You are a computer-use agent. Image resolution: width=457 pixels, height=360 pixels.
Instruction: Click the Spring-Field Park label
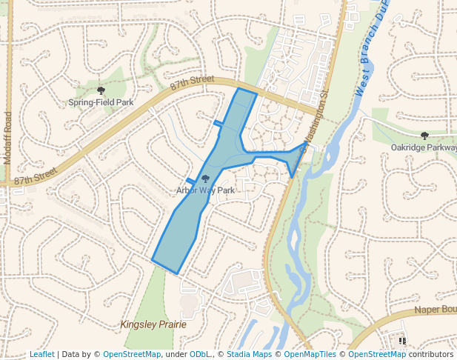pyautogui.click(x=101, y=102)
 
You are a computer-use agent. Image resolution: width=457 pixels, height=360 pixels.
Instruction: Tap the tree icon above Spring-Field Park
pyautogui.click(x=101, y=90)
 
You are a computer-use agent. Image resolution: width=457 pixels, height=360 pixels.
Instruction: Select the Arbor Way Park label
pyautogui.click(x=205, y=190)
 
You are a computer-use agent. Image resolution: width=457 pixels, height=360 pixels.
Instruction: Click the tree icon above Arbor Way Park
pyautogui.click(x=205, y=179)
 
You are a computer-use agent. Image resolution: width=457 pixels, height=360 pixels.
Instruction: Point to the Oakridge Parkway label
pyautogui.click(x=424, y=147)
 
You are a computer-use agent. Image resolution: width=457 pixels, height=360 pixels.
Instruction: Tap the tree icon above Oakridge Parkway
pyautogui.click(x=424, y=136)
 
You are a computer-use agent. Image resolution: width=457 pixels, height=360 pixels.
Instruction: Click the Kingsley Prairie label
pyautogui.click(x=153, y=324)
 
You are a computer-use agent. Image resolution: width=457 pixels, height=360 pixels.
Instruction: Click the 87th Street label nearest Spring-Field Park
pyautogui.click(x=191, y=83)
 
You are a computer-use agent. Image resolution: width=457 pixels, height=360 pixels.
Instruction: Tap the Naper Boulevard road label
pyautogui.click(x=435, y=310)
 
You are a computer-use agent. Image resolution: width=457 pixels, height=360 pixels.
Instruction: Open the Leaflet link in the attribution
pyautogui.click(x=41, y=354)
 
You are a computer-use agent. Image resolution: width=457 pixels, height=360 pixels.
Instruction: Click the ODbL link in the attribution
pyautogui.click(x=200, y=354)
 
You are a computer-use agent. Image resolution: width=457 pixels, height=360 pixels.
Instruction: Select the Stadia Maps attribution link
pyautogui.click(x=249, y=354)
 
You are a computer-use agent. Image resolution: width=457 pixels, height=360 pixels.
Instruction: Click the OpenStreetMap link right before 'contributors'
pyautogui.click(x=377, y=354)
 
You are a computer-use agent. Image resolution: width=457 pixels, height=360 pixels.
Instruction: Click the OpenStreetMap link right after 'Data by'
pyautogui.click(x=132, y=354)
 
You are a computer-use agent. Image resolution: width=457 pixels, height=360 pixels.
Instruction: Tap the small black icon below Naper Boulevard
pyautogui.click(x=402, y=341)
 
